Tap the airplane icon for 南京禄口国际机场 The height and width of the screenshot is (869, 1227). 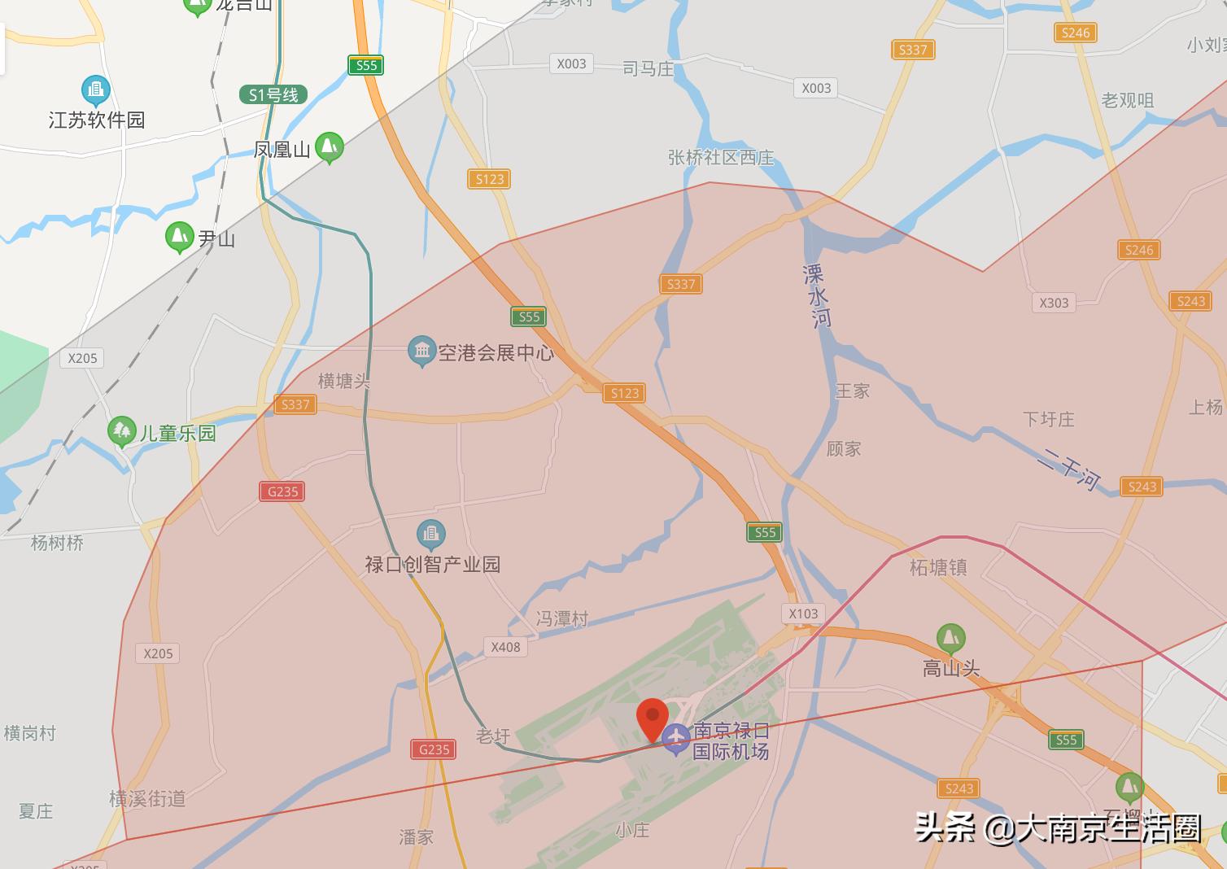coord(675,739)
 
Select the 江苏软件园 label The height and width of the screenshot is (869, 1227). coord(97,120)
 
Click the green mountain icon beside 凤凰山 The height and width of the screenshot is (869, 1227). coord(329,146)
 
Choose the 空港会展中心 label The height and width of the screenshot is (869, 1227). coord(496,352)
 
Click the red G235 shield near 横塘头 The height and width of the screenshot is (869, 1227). coord(282,491)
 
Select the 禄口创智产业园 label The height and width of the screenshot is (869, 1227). coord(432,564)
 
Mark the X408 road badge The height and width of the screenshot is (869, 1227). coord(505,647)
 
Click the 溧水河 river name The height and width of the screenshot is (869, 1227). coord(816,295)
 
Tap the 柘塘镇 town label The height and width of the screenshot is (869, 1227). coord(938,567)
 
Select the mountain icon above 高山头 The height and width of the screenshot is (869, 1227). coord(950,638)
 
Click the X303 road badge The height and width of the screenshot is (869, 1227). coord(1054,303)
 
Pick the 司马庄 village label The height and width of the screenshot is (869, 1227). coord(648,69)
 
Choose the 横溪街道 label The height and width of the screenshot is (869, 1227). coord(147,798)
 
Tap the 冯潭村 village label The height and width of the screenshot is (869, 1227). coord(561,618)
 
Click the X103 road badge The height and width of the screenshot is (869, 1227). coord(803,614)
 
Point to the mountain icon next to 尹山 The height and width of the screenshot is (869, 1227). coord(179,237)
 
